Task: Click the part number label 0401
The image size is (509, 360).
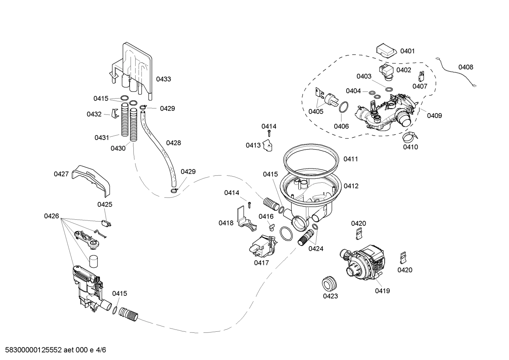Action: click(407, 51)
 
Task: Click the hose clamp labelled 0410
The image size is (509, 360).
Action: click(410, 136)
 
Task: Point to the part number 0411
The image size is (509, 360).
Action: click(351, 159)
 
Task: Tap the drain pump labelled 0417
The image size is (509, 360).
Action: click(263, 246)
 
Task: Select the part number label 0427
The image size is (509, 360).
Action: click(61, 174)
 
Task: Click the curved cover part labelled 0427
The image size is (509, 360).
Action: click(92, 178)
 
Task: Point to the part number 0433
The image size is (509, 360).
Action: click(163, 79)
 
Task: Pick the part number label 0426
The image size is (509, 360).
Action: click(52, 216)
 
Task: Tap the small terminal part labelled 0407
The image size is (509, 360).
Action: click(421, 76)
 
